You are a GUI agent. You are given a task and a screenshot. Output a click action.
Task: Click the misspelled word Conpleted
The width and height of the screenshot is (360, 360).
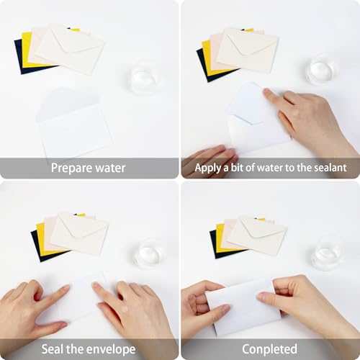click(x=269, y=349)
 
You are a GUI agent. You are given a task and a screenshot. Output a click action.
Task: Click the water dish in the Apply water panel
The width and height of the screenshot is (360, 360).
click(x=321, y=71)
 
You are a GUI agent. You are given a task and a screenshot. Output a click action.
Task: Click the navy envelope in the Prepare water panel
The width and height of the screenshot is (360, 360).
click(x=19, y=58)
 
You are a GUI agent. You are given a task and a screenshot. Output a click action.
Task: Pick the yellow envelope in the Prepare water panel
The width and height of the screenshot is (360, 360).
click(x=26, y=50)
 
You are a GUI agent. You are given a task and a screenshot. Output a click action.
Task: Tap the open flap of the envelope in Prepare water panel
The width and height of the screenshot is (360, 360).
click(x=68, y=103)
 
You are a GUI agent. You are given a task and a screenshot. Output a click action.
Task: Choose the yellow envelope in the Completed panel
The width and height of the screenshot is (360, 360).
click(x=220, y=239)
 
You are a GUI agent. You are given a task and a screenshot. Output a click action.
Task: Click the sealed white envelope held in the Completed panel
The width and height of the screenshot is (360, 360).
click(x=243, y=308)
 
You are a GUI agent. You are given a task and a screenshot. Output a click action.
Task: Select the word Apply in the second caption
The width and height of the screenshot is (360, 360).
click(x=208, y=168)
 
